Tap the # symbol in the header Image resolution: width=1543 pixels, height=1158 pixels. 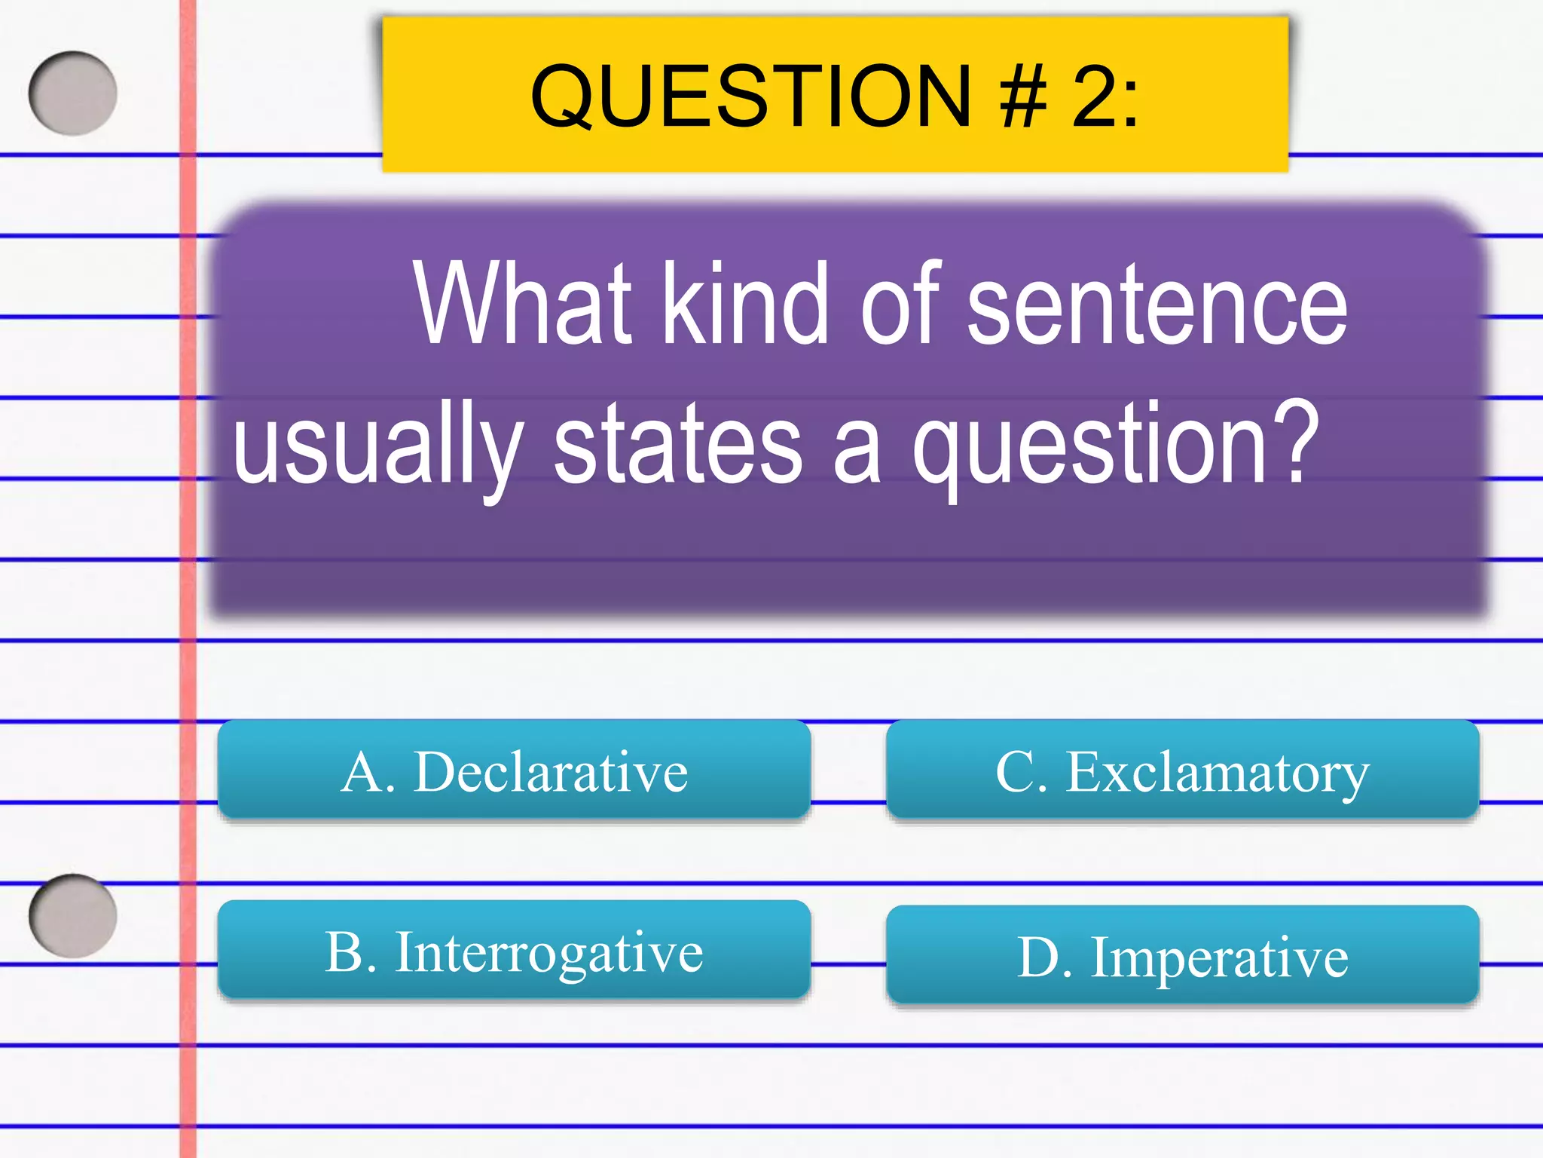tap(1024, 96)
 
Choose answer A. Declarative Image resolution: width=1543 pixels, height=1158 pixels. tap(514, 771)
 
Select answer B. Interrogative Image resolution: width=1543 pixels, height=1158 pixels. tap(514, 951)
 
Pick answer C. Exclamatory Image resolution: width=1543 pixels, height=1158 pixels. tap(1182, 771)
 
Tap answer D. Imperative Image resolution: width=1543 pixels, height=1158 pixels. tap(1182, 957)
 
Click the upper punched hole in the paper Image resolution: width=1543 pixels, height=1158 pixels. tap(73, 93)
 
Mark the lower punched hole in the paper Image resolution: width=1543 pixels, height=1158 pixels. tap(73, 916)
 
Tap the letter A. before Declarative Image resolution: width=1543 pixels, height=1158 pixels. tap(368, 772)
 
